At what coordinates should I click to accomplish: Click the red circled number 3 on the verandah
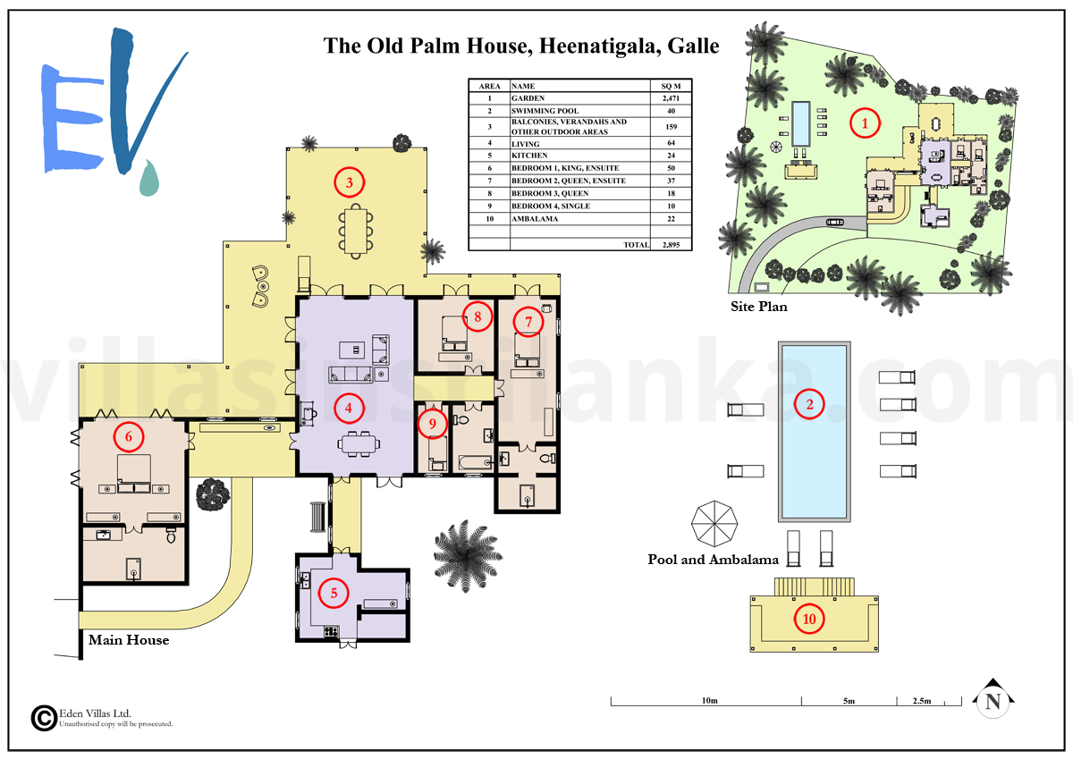point(350,182)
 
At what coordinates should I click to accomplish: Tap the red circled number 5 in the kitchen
point(334,593)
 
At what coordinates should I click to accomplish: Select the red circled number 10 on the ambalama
point(809,619)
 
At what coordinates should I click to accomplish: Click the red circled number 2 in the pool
point(809,404)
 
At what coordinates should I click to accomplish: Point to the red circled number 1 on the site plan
point(865,123)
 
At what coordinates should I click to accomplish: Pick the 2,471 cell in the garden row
point(671,98)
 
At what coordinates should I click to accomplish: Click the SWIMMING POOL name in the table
point(545,111)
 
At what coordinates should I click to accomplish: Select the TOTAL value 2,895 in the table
point(671,245)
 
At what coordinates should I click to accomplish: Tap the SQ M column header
point(671,86)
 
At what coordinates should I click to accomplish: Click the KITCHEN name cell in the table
point(529,156)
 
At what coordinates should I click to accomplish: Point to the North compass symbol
point(993,699)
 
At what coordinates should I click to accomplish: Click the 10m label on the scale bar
point(709,701)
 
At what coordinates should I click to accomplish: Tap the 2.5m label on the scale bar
point(922,701)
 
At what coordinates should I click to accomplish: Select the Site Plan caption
point(759,307)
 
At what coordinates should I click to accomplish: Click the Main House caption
point(129,640)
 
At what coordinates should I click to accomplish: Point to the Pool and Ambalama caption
point(714,560)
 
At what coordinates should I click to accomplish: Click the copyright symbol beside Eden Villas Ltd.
point(44,718)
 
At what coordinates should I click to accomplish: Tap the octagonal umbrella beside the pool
point(714,524)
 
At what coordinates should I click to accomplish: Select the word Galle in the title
point(693,46)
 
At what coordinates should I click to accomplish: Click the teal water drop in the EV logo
point(149,178)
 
